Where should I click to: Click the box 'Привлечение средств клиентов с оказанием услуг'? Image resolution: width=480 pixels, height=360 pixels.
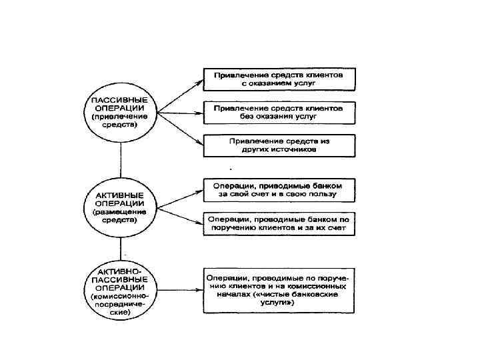click(x=279, y=79)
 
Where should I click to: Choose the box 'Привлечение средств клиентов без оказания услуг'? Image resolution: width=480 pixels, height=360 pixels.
click(x=279, y=111)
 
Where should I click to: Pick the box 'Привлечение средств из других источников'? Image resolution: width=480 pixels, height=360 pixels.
click(x=279, y=145)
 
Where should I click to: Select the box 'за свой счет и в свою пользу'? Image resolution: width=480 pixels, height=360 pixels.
click(x=279, y=189)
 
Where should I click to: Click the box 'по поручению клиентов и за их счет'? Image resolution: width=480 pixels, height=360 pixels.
click(x=279, y=223)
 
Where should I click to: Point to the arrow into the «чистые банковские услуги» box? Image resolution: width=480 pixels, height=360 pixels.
click(x=179, y=289)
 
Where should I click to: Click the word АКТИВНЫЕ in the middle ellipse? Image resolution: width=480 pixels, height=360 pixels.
click(x=120, y=194)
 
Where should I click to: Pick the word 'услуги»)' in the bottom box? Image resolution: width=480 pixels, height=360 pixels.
click(x=279, y=301)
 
